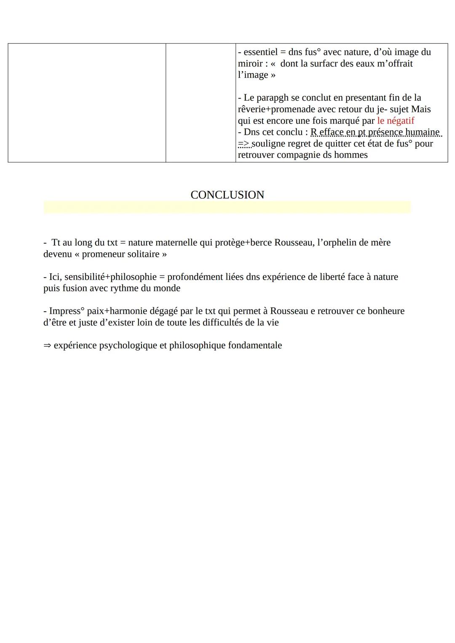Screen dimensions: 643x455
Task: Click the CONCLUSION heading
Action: (227, 195)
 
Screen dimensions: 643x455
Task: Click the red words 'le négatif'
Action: (395, 121)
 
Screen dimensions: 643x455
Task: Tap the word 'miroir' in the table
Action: (251, 64)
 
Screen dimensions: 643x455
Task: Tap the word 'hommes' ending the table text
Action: (351, 155)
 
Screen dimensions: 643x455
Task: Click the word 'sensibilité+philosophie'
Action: (110, 277)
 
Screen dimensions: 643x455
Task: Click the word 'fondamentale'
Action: (255, 346)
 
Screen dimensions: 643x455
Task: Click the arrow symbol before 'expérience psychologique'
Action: (47, 346)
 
